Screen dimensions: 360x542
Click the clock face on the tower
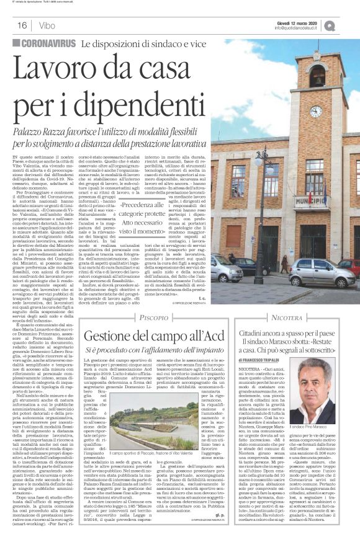[317, 112]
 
